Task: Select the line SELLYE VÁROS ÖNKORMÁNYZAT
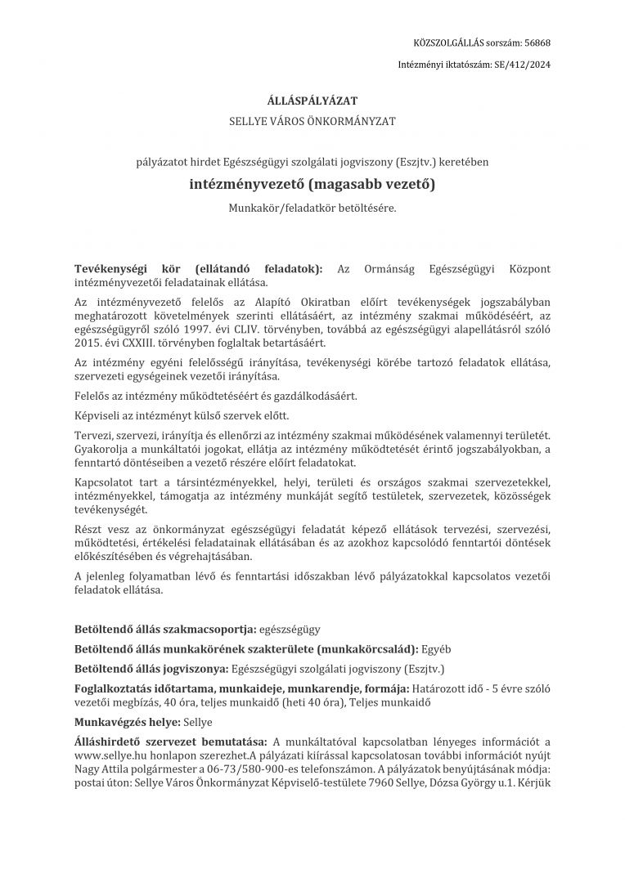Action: coord(312,121)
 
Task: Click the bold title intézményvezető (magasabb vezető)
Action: coord(312,185)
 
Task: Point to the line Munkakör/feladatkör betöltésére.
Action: coord(312,208)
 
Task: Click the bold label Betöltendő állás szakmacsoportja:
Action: coord(164,630)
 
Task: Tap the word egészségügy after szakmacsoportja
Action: coord(289,630)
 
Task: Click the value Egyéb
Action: coord(435,649)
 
